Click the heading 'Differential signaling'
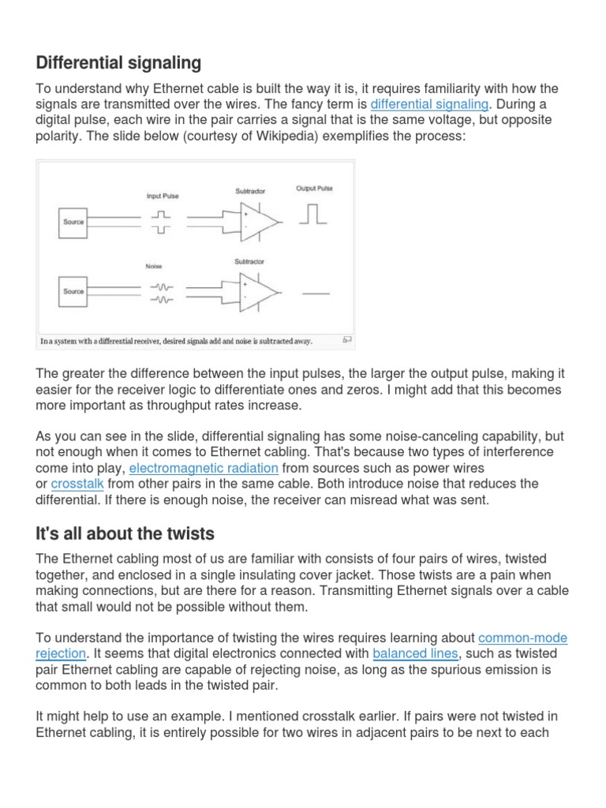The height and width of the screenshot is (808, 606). click(118, 62)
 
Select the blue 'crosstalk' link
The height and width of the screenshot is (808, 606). click(77, 483)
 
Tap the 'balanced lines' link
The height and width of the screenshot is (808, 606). click(415, 653)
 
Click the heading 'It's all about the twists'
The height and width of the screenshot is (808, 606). click(125, 533)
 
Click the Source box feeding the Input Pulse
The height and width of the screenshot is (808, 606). click(73, 223)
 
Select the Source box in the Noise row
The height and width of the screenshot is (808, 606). click(73, 292)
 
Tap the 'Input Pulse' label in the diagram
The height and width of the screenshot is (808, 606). click(163, 196)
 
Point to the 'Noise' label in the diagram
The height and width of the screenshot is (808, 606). click(155, 267)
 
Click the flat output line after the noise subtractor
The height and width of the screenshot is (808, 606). click(316, 293)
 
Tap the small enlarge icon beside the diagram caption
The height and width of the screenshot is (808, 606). click(346, 340)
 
